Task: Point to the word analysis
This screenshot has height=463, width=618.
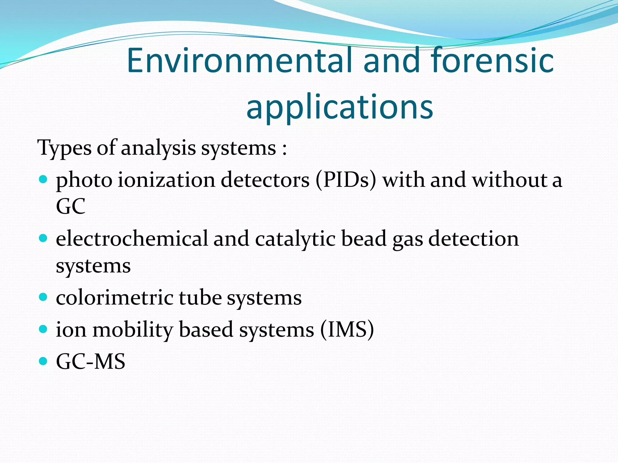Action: [x=158, y=148]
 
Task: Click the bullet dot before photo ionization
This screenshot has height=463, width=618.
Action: [x=43, y=179]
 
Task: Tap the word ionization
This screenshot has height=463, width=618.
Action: [x=166, y=180]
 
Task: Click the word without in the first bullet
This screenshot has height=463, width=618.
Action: [x=509, y=180]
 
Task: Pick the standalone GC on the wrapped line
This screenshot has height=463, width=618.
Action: [x=71, y=206]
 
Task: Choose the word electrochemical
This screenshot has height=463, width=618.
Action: [x=132, y=239]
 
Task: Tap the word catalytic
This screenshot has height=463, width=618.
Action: [x=295, y=239]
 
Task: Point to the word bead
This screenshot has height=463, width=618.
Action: [x=364, y=239]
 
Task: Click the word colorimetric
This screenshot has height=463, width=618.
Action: [x=114, y=298]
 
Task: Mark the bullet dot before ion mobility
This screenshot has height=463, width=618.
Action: [x=43, y=329]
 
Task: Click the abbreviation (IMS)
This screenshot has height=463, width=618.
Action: [x=347, y=329]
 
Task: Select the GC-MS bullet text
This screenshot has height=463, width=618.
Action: [x=91, y=361]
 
